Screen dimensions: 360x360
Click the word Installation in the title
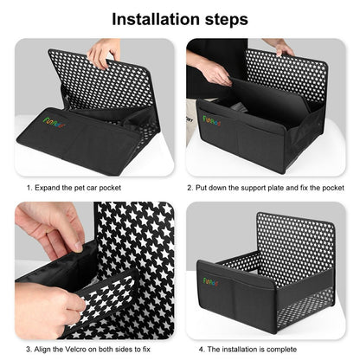(155, 18)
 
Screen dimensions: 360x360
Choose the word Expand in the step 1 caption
(49, 186)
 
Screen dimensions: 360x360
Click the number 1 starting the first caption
(29, 186)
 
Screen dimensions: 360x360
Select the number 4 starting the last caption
(201, 347)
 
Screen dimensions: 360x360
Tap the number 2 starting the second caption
(190, 186)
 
